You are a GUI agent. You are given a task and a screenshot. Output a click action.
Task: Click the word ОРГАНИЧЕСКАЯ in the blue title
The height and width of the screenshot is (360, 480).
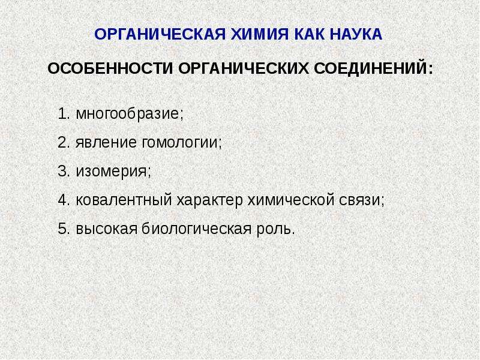click(160, 34)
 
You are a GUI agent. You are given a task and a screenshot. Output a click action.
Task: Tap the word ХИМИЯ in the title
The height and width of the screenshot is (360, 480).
click(259, 34)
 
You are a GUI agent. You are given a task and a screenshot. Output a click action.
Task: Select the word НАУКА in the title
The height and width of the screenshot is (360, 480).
click(356, 34)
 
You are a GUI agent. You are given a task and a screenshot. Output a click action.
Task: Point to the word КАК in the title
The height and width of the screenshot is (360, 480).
click(309, 34)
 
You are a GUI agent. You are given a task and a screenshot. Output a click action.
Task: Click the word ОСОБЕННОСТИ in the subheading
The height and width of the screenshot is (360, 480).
click(110, 68)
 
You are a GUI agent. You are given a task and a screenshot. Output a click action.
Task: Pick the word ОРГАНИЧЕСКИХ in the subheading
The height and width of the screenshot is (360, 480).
click(244, 68)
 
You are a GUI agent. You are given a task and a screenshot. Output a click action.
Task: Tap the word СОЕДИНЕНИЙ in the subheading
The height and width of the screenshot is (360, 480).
click(371, 68)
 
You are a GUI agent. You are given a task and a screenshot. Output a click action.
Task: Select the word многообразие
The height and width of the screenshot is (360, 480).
click(127, 114)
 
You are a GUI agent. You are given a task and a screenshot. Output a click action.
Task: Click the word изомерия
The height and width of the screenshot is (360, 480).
click(112, 172)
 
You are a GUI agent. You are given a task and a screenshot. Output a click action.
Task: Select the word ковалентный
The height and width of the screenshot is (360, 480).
click(124, 200)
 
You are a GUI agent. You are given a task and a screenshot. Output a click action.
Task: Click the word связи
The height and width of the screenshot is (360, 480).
click(359, 200)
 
